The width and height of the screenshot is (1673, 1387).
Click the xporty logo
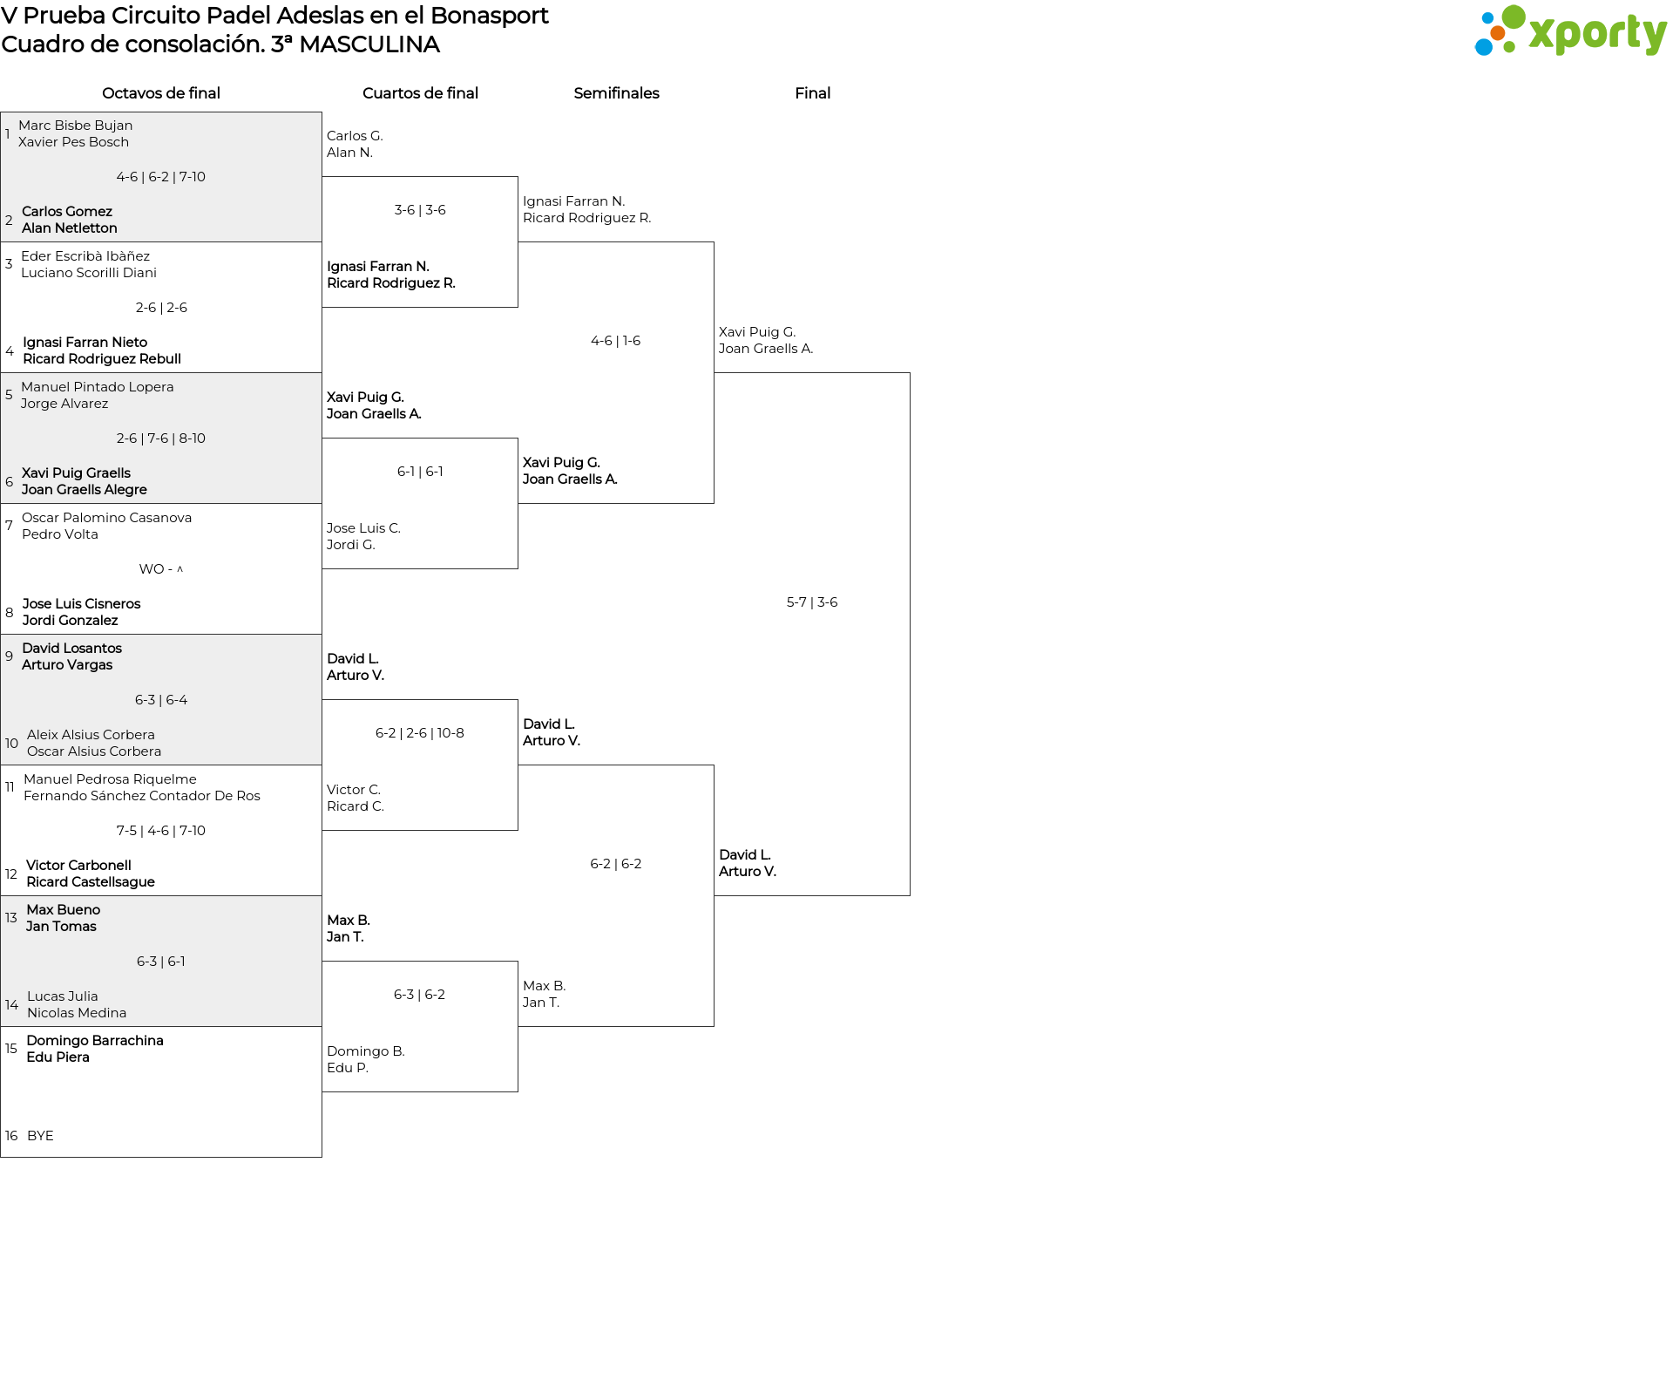pyautogui.click(x=1570, y=31)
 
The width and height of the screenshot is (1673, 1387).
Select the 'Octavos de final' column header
pyautogui.click(x=161, y=93)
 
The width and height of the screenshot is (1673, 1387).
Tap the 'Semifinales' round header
pyautogui.click(x=616, y=93)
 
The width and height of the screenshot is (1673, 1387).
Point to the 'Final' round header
pyautogui.click(x=812, y=93)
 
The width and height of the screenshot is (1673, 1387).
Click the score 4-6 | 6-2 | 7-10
pyautogui.click(x=161, y=177)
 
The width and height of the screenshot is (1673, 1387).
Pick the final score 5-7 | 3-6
pyautogui.click(x=812, y=602)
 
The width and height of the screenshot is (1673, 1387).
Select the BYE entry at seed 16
pyautogui.click(x=40, y=1136)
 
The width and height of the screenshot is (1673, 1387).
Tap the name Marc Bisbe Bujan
pyautogui.click(x=76, y=126)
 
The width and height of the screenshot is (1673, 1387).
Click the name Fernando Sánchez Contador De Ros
pyautogui.click(x=142, y=796)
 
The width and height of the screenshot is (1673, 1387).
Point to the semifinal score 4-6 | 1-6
pyautogui.click(x=616, y=341)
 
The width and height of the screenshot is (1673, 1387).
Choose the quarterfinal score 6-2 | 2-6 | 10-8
pyautogui.click(x=420, y=733)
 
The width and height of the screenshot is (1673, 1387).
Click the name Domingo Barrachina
pyautogui.click(x=95, y=1041)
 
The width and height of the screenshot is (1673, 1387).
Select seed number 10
pyautogui.click(x=11, y=744)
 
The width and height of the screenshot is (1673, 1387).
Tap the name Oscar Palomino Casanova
pyautogui.click(x=107, y=518)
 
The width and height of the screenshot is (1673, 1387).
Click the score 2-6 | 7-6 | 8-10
pyautogui.click(x=161, y=439)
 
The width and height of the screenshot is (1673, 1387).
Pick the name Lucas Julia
pyautogui.click(x=63, y=996)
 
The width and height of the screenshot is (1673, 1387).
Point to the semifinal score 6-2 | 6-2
pyautogui.click(x=616, y=864)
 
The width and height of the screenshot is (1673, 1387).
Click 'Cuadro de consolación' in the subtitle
pyautogui.click(x=131, y=44)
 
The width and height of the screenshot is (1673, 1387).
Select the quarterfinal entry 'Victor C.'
pyautogui.click(x=354, y=790)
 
